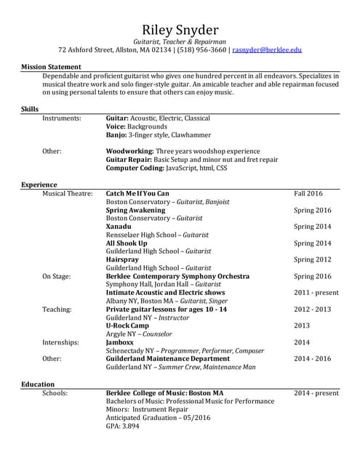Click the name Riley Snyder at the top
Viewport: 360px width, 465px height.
pyautogui.click(x=180, y=30)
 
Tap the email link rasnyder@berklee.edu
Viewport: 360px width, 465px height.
pyautogui.click(x=267, y=50)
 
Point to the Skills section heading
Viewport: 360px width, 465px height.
pyautogui.click(x=30, y=109)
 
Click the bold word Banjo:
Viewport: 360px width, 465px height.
pyautogui.click(x=119, y=134)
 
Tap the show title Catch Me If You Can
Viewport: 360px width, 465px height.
pyautogui.click(x=137, y=193)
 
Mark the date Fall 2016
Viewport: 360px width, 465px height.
pyautogui.click(x=308, y=193)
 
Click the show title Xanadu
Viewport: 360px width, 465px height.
pyautogui.click(x=119, y=227)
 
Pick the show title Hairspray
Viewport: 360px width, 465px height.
pyautogui.click(x=122, y=259)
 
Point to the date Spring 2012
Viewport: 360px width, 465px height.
pyautogui.click(x=312, y=259)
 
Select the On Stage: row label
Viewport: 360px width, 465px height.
pyautogui.click(x=57, y=276)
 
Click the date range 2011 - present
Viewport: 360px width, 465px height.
pyautogui.click(x=316, y=293)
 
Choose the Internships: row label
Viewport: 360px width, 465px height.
pyautogui.click(x=62, y=342)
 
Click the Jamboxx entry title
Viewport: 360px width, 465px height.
pyautogui.click(x=120, y=342)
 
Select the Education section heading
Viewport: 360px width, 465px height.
pyautogui.click(x=38, y=384)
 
